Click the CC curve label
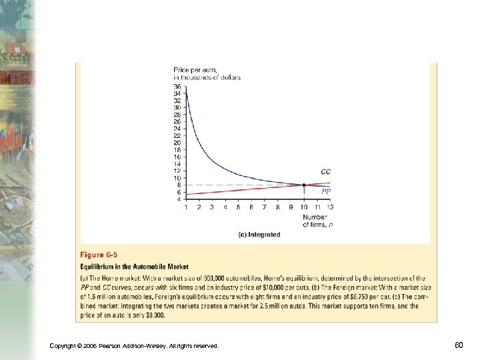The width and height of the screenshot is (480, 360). [x=325, y=172]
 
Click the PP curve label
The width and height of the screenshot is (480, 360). [x=326, y=191]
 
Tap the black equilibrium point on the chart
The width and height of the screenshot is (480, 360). [x=304, y=185]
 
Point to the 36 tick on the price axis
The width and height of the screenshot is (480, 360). [x=177, y=86]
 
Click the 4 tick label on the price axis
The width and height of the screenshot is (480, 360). [x=178, y=199]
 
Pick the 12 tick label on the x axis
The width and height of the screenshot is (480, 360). [x=330, y=207]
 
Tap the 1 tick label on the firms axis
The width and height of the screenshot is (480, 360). [x=186, y=207]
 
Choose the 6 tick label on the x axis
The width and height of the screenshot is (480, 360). [x=251, y=207]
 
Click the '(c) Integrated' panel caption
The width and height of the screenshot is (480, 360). [x=259, y=235]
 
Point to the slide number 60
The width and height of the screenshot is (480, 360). [x=459, y=345]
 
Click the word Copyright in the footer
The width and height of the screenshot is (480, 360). [x=65, y=345]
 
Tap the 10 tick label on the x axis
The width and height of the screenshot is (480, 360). [x=304, y=207]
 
